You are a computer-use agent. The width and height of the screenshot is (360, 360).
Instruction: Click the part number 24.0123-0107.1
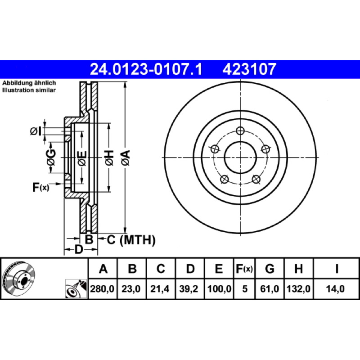click(146, 69)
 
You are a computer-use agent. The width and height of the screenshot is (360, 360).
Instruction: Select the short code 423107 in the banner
click(249, 69)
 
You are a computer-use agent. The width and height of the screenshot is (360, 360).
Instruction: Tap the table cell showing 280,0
click(102, 288)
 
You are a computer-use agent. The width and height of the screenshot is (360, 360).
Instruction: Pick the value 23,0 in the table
click(131, 288)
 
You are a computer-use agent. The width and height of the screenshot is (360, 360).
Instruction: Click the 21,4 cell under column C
click(160, 288)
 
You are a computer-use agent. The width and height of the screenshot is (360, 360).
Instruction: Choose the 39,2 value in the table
click(189, 288)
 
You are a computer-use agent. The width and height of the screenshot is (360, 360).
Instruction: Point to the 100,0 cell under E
click(219, 288)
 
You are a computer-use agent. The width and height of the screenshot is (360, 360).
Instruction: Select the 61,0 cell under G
click(270, 288)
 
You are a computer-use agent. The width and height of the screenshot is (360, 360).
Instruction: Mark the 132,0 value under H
click(298, 288)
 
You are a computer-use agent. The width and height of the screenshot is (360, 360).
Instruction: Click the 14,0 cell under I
click(335, 288)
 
